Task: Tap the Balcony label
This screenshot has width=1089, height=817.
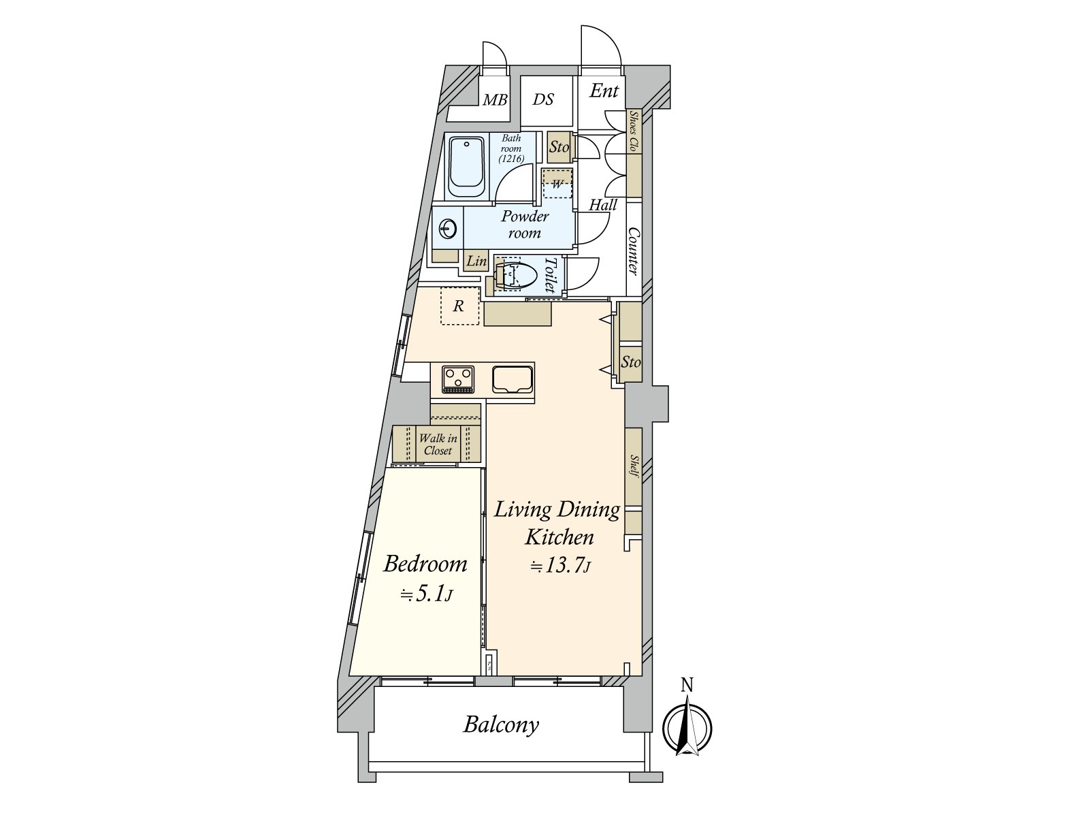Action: [x=501, y=724]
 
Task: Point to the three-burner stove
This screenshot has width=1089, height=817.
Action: [x=458, y=379]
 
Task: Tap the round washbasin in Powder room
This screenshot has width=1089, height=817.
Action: [x=447, y=229]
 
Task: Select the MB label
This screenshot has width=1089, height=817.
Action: [x=495, y=100]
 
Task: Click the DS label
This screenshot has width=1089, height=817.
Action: [x=542, y=100]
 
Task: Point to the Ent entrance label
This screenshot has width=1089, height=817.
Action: [x=604, y=91]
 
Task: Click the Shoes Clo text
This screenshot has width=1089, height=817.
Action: [x=634, y=131]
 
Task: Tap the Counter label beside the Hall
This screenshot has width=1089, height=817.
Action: [x=633, y=251]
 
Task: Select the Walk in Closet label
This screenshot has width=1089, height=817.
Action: [x=438, y=444]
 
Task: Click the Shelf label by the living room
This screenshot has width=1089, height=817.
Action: [x=634, y=466]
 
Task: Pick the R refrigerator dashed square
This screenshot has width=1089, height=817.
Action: [x=459, y=306]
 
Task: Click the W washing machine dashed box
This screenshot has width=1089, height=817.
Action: [x=557, y=184]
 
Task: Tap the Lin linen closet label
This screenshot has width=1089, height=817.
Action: [x=476, y=261]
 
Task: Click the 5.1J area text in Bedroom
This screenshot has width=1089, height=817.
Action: [x=426, y=594]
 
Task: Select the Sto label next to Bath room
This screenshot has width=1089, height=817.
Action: [x=559, y=147]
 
